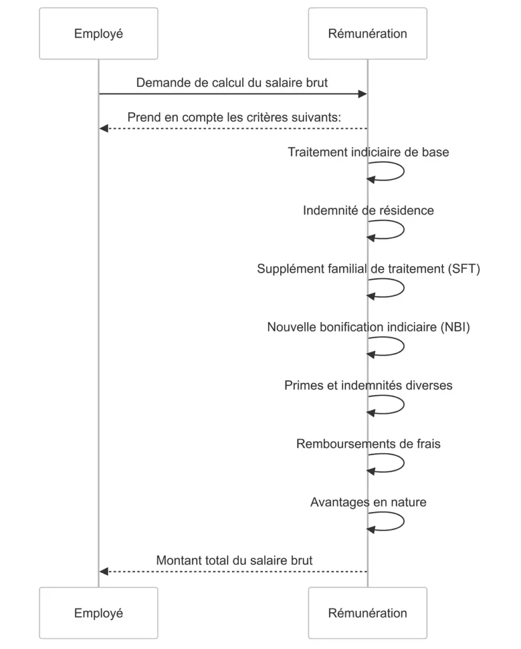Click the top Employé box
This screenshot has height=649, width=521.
(98, 34)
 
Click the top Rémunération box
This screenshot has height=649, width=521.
(368, 34)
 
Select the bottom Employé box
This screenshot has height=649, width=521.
(98, 613)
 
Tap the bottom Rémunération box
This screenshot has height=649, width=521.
(368, 613)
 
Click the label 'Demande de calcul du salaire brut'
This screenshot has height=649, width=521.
(232, 83)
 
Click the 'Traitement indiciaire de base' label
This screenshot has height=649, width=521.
(368, 152)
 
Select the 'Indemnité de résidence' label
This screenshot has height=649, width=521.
(368, 210)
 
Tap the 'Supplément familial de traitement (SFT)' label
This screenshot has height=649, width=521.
(368, 269)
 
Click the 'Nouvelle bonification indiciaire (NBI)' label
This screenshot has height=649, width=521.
(368, 327)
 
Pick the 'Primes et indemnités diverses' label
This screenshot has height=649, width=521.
(368, 385)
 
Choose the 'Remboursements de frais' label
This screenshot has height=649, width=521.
(368, 444)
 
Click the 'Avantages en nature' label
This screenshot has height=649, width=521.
(368, 502)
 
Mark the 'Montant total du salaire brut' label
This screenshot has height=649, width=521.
(235, 560)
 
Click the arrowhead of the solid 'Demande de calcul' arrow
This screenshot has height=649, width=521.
(363, 94)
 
